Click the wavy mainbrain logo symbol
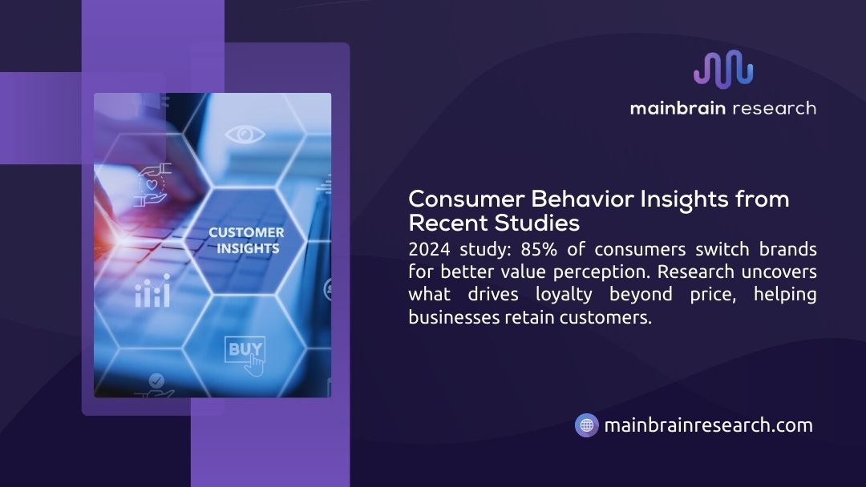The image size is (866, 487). pyautogui.click(x=723, y=69)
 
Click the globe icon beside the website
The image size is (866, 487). pyautogui.click(x=587, y=425)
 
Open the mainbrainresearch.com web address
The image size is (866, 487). pyautogui.click(x=708, y=425)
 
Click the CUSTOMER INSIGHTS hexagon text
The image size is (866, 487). pyautogui.click(x=246, y=240)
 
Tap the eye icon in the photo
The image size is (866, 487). pyautogui.click(x=245, y=134)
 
